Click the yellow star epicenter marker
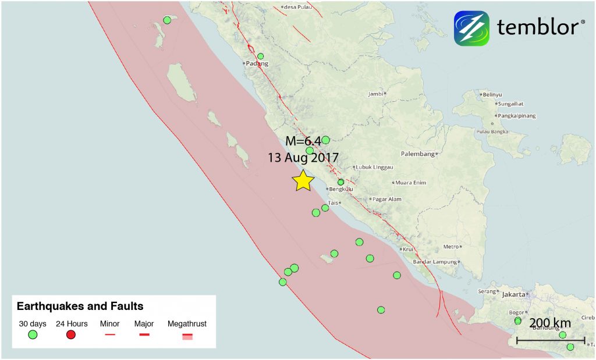click(x=303, y=181)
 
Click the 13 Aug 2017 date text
click(x=303, y=157)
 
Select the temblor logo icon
click(x=471, y=28)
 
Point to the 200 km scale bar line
click(x=551, y=340)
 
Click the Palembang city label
click(x=418, y=154)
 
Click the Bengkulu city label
click(x=342, y=188)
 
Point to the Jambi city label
click(x=377, y=94)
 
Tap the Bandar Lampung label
click(x=434, y=262)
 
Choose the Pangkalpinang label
click(x=516, y=116)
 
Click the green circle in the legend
click(x=33, y=334)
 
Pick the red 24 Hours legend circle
click(x=72, y=334)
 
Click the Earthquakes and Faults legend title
click(x=80, y=306)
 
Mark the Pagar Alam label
click(x=387, y=199)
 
